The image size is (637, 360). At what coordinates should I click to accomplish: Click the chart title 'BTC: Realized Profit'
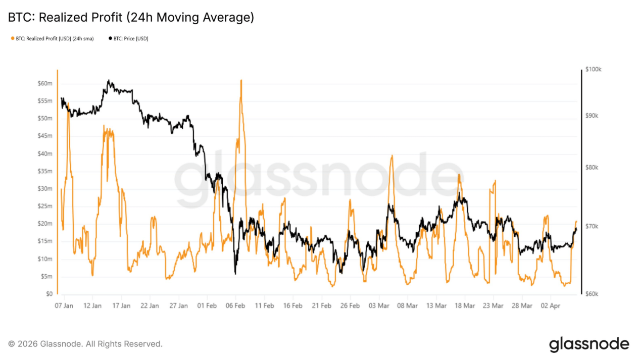click(131, 18)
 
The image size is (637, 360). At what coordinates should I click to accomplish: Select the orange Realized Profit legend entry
click(52, 38)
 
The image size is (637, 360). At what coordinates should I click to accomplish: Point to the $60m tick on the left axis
click(45, 83)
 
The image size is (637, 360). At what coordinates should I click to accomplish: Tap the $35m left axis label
click(45, 171)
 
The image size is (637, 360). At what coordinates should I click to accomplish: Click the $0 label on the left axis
click(48, 294)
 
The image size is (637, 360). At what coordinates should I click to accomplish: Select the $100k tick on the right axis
click(593, 70)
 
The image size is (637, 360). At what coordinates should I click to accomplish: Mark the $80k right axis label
click(592, 168)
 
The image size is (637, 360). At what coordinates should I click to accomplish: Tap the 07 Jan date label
click(64, 306)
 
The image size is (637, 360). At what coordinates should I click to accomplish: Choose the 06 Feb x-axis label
click(235, 306)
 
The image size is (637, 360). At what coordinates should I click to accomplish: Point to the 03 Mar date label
click(379, 306)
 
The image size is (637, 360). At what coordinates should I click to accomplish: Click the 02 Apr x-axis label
click(550, 306)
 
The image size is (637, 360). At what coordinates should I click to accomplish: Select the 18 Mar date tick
click(465, 306)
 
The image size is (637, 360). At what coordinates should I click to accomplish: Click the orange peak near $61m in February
click(241, 80)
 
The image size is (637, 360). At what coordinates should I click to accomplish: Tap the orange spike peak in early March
click(391, 156)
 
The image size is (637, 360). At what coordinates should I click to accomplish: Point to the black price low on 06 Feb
click(235, 274)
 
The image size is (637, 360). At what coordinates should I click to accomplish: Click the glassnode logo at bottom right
click(589, 344)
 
